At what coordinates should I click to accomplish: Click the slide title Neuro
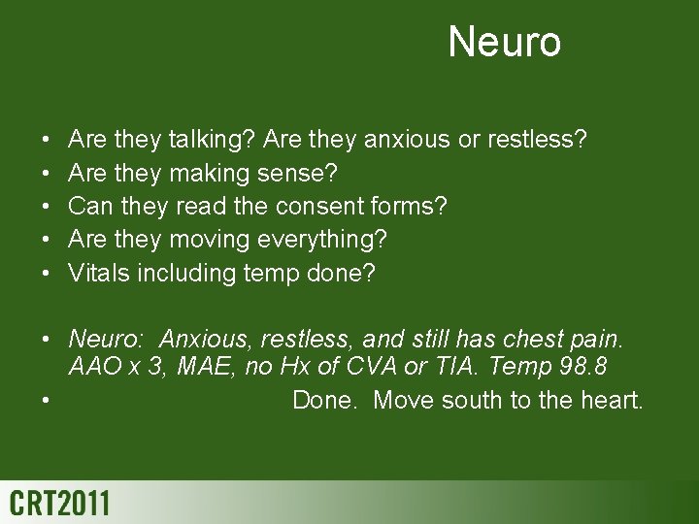[504, 43]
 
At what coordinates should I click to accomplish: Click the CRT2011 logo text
[60, 505]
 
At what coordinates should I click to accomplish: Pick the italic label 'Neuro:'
[105, 340]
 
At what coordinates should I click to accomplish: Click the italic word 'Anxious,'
[201, 340]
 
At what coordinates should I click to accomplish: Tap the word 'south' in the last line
[474, 399]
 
